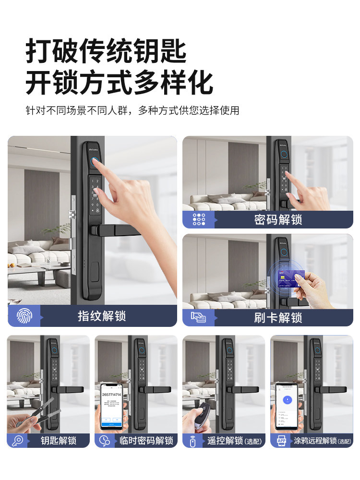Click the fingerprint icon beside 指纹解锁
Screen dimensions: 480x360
click(24, 315)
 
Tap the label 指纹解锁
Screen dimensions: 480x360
click(102, 316)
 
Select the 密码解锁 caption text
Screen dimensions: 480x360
click(278, 219)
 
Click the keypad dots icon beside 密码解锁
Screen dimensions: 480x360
click(199, 219)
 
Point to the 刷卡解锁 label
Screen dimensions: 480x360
click(278, 317)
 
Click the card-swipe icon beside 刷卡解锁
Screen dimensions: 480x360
click(199, 317)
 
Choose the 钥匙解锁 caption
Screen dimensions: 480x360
click(58, 440)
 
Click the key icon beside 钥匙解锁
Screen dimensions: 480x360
click(17, 440)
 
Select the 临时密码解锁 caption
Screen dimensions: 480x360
click(146, 440)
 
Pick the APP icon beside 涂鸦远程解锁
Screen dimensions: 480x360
click(281, 440)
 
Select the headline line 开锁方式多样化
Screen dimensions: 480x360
click(119, 82)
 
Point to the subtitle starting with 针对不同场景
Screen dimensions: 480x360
click(132, 110)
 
